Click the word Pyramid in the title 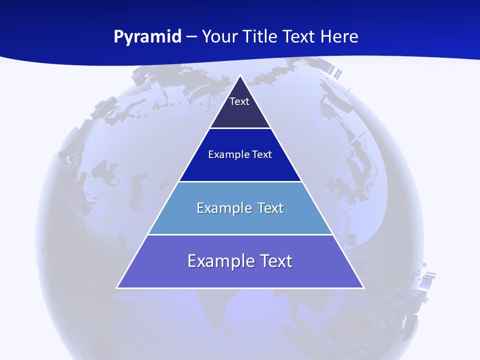(x=147, y=37)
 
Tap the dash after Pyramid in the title (x=191, y=37)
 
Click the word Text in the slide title (x=299, y=36)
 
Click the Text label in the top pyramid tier (x=239, y=101)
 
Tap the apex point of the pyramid (x=240, y=75)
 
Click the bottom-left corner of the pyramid (x=117, y=287)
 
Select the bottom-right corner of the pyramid (x=363, y=287)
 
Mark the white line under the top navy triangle (x=240, y=128)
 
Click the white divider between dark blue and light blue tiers (x=240, y=181)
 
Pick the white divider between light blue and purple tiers (x=240, y=234)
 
